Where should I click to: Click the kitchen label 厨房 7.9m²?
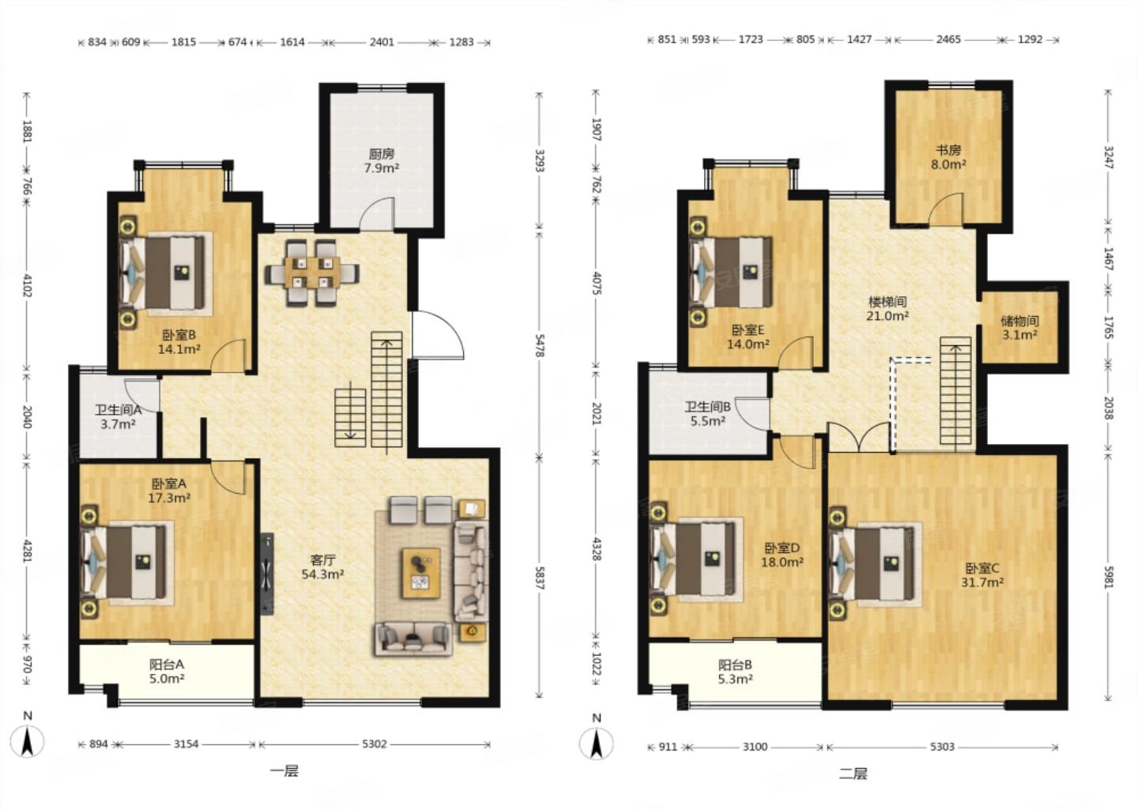point(381,160)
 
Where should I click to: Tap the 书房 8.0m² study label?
point(948,157)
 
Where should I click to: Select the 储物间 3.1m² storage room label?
point(1019,328)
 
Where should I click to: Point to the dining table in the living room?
point(312,273)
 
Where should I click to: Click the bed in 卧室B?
point(166,273)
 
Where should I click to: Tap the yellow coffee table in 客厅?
point(421,574)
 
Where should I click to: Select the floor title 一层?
point(284,771)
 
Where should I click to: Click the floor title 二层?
point(853,774)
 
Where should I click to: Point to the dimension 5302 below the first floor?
point(374,744)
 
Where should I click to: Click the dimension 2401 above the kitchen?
point(382,42)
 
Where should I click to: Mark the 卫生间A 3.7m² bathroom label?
point(118,417)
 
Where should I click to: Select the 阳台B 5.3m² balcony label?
point(735,672)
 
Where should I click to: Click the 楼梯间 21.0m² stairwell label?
point(887,309)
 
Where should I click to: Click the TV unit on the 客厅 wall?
point(267,574)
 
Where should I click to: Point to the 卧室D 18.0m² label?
point(782,555)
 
